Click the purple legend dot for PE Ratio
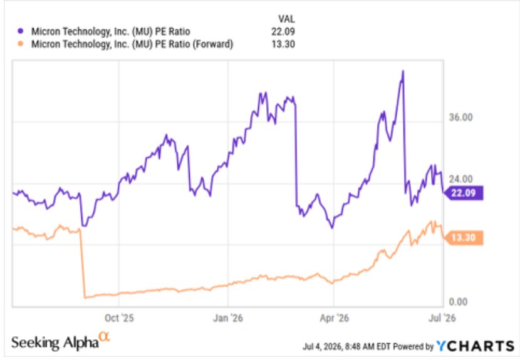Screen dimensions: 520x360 coord(21,31)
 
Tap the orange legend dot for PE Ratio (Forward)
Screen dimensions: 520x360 coord(21,43)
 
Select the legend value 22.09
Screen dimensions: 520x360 coord(283,31)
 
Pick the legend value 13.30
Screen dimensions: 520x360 coord(283,44)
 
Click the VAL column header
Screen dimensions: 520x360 coord(286,19)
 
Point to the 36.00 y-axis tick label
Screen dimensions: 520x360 coord(460,117)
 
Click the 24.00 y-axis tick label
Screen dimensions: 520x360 coord(460,179)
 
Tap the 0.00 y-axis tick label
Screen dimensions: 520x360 coord(458,302)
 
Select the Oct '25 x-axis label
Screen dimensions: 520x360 coord(119,318)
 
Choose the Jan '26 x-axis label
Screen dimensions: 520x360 coord(228,318)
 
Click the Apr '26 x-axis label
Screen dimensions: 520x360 coord(335,318)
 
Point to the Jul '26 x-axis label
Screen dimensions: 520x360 coord(442,318)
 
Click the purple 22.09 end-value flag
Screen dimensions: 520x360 coord(463,193)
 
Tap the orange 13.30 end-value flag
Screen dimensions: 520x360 coord(463,238)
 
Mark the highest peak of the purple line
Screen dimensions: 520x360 coord(403,71)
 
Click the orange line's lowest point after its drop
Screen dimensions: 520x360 coord(85,297)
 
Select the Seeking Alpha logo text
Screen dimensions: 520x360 coord(55,342)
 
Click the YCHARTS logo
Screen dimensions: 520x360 coord(476,346)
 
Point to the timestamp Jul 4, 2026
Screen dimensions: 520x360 coord(323,347)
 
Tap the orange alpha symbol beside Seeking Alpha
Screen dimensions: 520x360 coord(104,336)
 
